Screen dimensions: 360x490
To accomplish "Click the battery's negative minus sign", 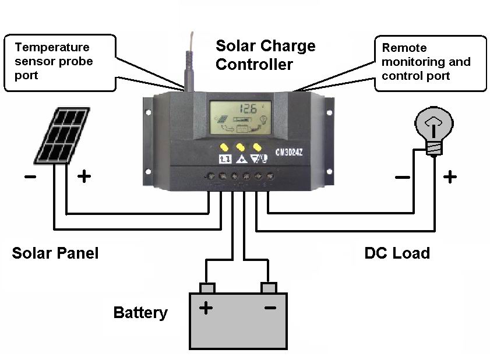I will [270, 307].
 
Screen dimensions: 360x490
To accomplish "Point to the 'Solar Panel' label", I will [55, 253].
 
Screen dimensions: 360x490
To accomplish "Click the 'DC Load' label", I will [397, 253].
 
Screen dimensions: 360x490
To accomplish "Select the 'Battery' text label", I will [140, 312].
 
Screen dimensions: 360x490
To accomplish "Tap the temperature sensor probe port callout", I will [57, 61].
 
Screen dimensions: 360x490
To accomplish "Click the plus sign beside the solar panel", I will [84, 176].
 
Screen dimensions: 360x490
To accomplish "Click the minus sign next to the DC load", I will [402, 176].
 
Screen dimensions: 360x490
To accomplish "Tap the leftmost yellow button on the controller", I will [224, 147].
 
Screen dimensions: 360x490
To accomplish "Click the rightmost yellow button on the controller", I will [257, 147].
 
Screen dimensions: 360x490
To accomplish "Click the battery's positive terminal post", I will [207, 288].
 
